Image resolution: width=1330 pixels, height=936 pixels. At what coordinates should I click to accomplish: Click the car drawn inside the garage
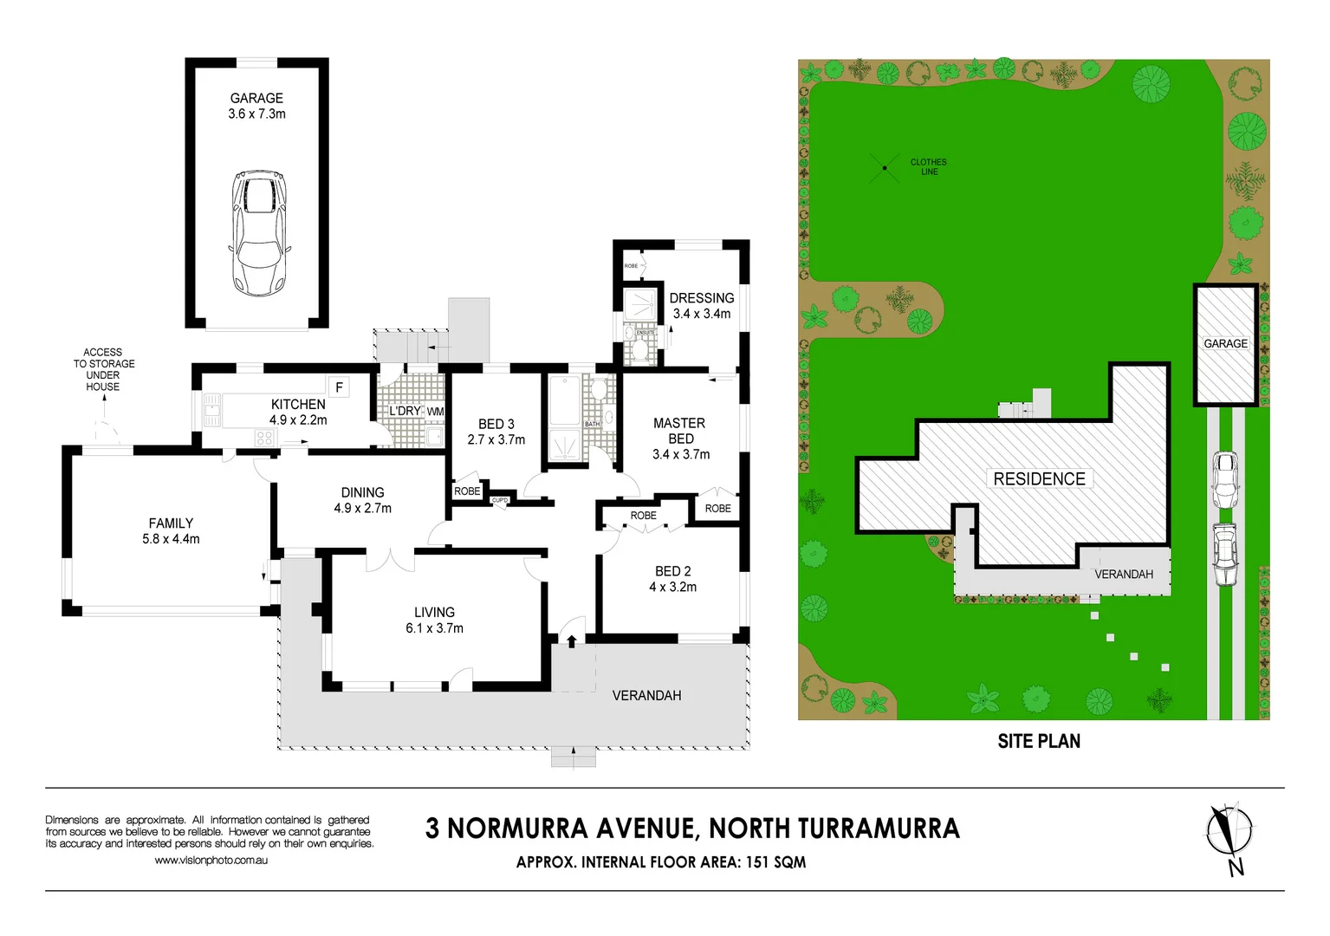(257, 232)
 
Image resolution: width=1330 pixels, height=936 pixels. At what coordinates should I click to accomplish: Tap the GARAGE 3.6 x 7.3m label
(256, 106)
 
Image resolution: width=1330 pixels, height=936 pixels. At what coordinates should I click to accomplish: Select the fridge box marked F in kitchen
(339, 387)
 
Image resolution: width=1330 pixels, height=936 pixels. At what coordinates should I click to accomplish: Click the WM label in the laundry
(435, 412)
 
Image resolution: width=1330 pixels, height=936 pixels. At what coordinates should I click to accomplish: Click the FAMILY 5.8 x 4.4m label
(171, 530)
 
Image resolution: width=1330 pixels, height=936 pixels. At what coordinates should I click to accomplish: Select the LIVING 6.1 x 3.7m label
(434, 620)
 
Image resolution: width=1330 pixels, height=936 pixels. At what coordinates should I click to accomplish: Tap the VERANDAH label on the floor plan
(646, 695)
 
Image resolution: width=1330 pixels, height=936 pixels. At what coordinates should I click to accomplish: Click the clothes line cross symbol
(885, 167)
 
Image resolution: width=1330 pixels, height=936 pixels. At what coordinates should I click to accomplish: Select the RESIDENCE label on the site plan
(1039, 479)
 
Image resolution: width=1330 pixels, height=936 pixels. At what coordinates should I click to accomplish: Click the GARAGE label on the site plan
(1225, 344)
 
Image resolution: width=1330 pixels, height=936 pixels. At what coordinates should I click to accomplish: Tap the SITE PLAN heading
(1039, 741)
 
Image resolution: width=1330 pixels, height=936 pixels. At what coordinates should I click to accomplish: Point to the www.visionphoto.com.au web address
(211, 860)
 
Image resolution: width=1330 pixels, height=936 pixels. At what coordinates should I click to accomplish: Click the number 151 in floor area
(761, 862)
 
